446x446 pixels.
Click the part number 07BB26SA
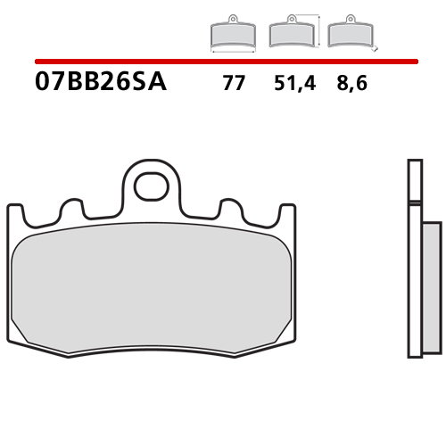coord(100,85)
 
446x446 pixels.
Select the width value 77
coord(233,86)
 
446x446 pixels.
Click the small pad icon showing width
coord(232,35)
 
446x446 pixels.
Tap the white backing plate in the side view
coord(412,259)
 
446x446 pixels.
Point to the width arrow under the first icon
coord(232,53)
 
